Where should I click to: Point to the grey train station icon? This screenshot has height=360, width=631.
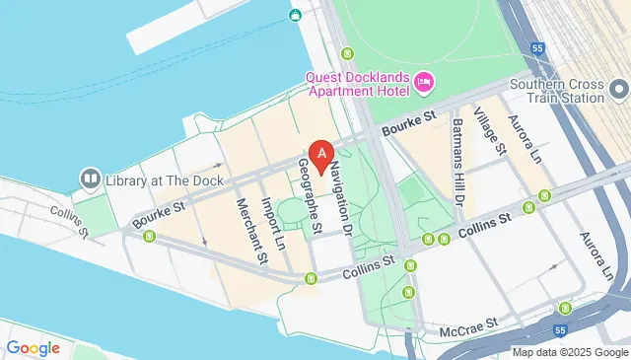coord(619,90)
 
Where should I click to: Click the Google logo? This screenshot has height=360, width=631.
coord(33,347)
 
